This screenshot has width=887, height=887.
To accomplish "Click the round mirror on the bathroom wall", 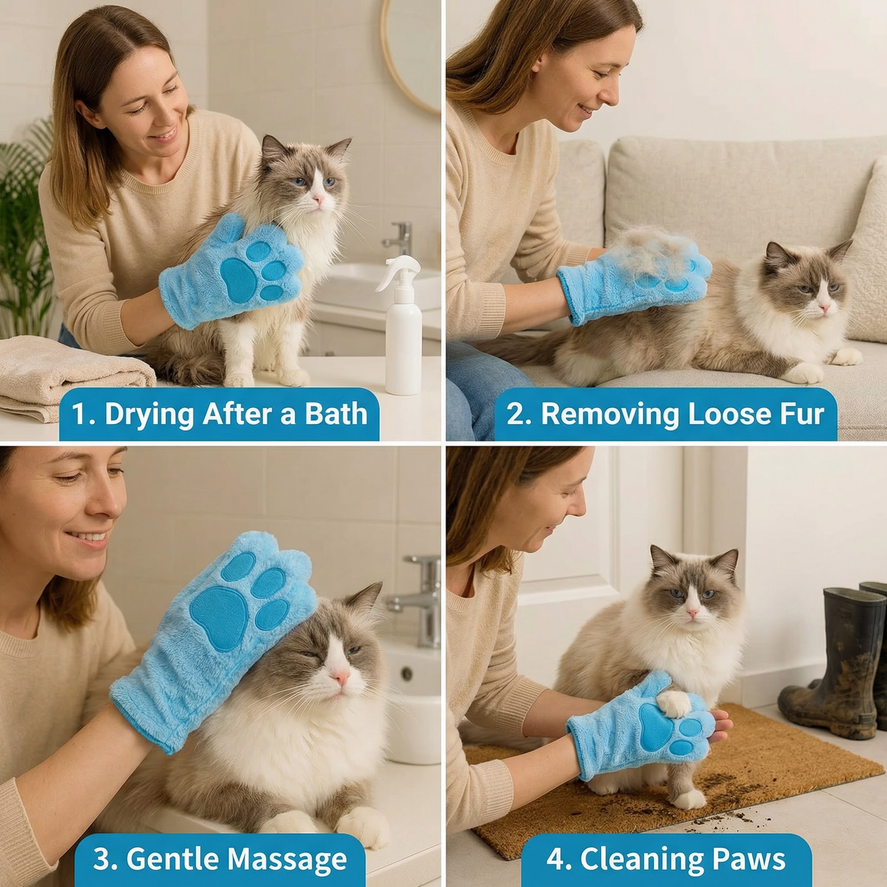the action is click(x=409, y=53).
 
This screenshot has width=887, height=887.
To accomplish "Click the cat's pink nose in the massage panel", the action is click(x=341, y=677).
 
